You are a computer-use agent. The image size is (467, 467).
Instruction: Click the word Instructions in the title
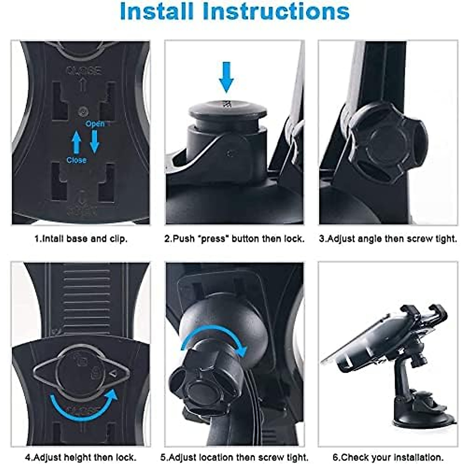(277, 12)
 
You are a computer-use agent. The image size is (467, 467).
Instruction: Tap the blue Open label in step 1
(95, 124)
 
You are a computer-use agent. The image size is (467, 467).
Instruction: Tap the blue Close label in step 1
(76, 160)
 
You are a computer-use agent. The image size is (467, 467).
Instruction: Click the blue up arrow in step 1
(77, 142)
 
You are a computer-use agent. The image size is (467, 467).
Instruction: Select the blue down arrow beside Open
(95, 141)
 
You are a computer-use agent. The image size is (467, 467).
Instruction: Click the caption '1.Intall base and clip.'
(81, 239)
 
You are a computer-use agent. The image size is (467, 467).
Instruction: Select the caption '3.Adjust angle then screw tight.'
(388, 239)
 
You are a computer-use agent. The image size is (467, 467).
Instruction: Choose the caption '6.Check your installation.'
(388, 457)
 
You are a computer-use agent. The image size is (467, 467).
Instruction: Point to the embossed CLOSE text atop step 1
(83, 70)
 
